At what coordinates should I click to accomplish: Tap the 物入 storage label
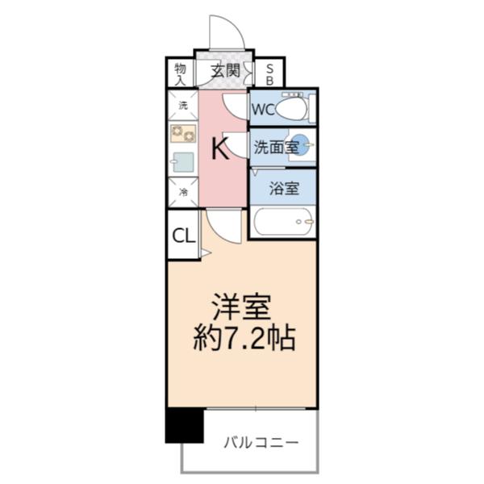pos(181,73)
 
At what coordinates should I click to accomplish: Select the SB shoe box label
pos(269,73)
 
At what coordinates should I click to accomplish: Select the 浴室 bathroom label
pos(283,189)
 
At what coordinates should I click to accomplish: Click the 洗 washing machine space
pos(182,106)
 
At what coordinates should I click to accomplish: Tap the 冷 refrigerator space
pos(182,192)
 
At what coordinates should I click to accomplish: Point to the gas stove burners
pos(183,133)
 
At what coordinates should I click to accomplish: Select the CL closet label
pos(183,236)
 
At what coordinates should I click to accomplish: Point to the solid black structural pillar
pos(184,425)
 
